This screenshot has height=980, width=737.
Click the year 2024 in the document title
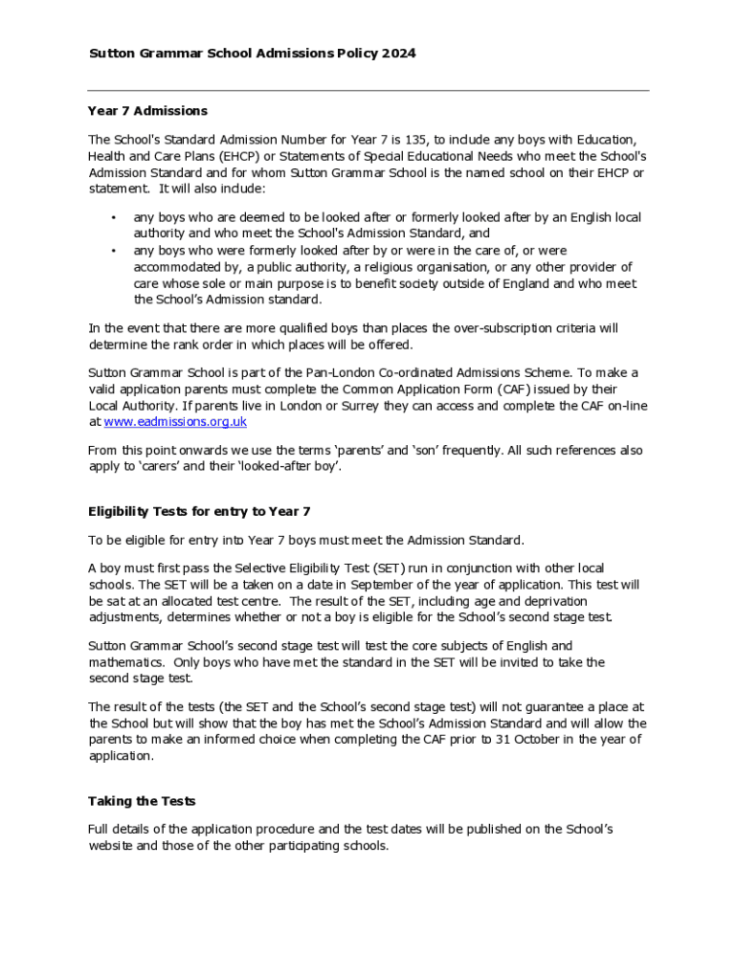pos(398,54)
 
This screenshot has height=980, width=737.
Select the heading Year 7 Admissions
pos(147,111)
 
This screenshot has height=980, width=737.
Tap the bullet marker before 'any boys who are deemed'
pos(114,217)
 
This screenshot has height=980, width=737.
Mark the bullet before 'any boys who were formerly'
pos(114,251)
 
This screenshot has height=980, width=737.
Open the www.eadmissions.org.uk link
pos(175,422)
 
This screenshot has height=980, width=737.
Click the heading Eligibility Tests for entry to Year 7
pos(199,511)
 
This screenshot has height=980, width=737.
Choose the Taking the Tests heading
pos(142,801)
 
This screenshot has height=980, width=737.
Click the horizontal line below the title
pos(368,91)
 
